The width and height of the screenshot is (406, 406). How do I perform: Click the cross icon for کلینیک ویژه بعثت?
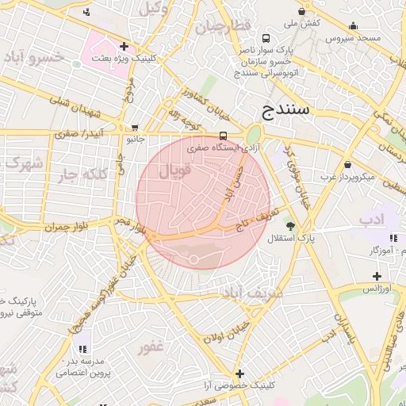(124, 46)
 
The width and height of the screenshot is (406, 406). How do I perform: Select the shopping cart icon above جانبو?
(136, 127)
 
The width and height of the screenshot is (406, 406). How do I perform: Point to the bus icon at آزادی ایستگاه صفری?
(223, 135)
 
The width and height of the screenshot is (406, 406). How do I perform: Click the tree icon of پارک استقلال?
(290, 226)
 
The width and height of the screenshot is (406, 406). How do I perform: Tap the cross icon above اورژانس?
(377, 276)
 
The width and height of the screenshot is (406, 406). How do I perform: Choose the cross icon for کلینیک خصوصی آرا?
(239, 373)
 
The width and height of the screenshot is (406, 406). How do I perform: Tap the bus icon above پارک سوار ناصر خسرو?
(266, 38)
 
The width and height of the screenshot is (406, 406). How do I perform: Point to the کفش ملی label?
(302, 23)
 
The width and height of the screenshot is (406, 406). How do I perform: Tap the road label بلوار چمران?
(63, 227)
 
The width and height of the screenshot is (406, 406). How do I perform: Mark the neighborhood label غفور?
(149, 347)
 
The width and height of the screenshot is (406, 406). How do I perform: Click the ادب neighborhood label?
(371, 218)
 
